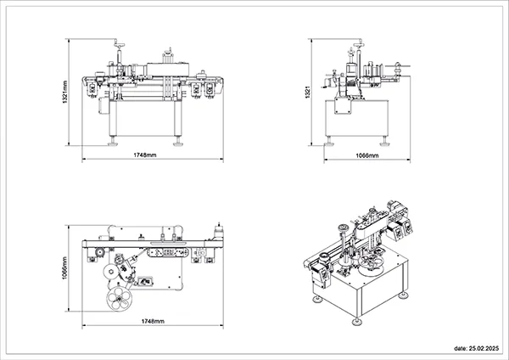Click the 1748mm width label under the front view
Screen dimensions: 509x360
(145, 155)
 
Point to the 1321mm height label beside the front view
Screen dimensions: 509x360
(65, 93)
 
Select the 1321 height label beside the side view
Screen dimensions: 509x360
(308, 93)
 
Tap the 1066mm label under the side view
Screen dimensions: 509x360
(367, 155)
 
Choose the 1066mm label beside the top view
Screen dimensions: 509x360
(64, 268)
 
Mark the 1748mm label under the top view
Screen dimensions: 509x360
(153, 321)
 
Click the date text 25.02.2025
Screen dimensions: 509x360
(477, 348)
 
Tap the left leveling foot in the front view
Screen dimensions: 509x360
(113, 142)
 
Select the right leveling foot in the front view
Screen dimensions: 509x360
(177, 142)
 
